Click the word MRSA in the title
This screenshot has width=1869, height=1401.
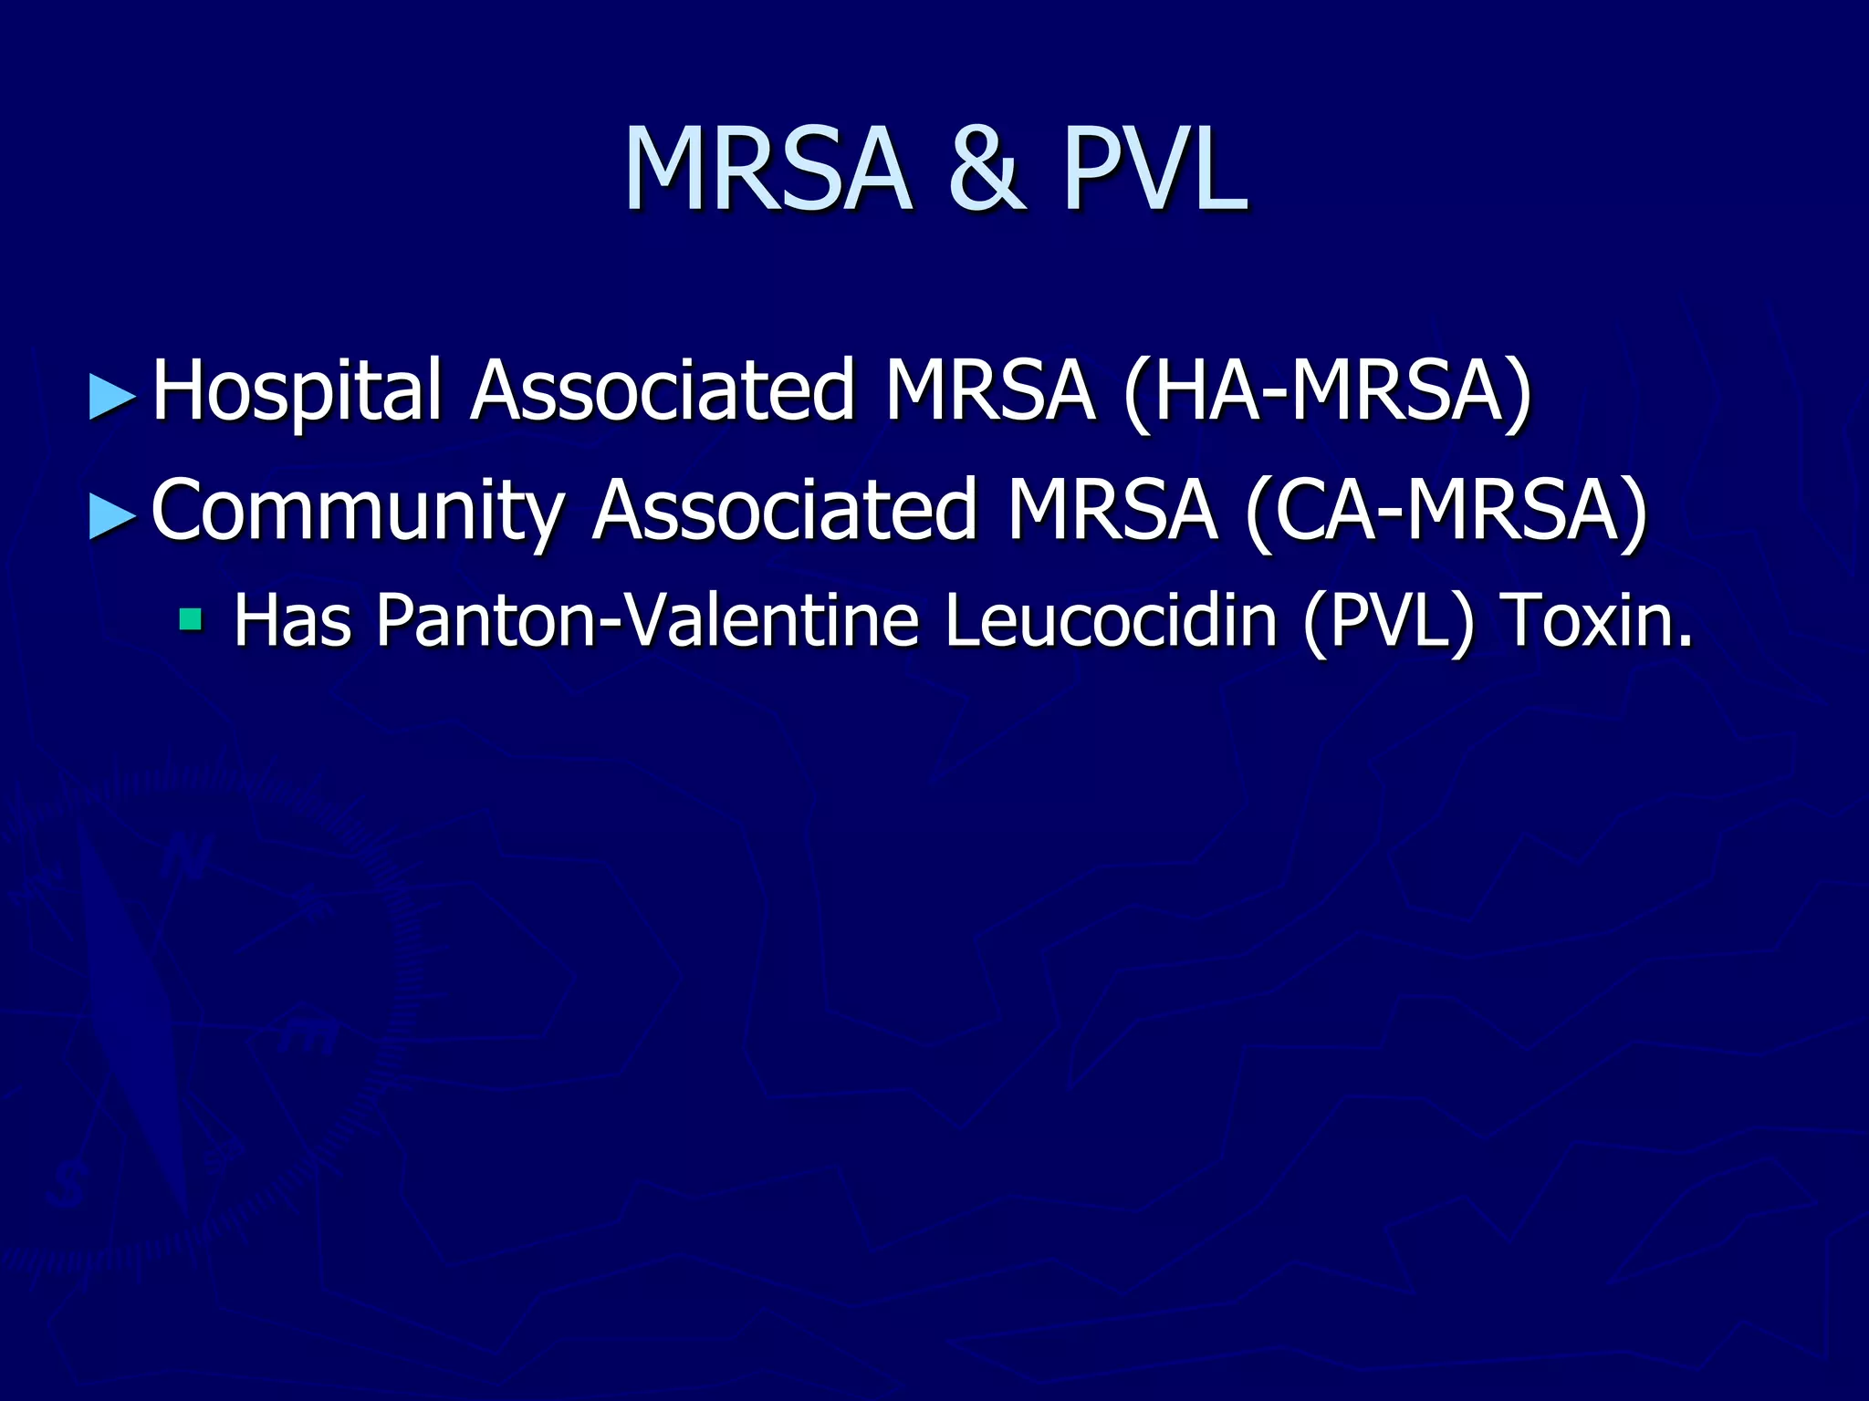click(x=767, y=171)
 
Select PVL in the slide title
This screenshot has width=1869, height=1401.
click(x=1154, y=171)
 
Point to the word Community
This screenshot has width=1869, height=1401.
click(x=358, y=511)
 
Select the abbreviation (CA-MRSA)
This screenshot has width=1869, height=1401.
click(x=1446, y=511)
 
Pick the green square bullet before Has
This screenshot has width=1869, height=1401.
click(x=191, y=621)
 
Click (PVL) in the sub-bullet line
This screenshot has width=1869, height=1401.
click(x=1387, y=621)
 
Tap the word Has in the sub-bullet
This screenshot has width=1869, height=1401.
click(x=292, y=621)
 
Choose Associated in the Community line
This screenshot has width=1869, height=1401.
click(x=785, y=511)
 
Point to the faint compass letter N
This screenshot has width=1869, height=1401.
click(x=188, y=857)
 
